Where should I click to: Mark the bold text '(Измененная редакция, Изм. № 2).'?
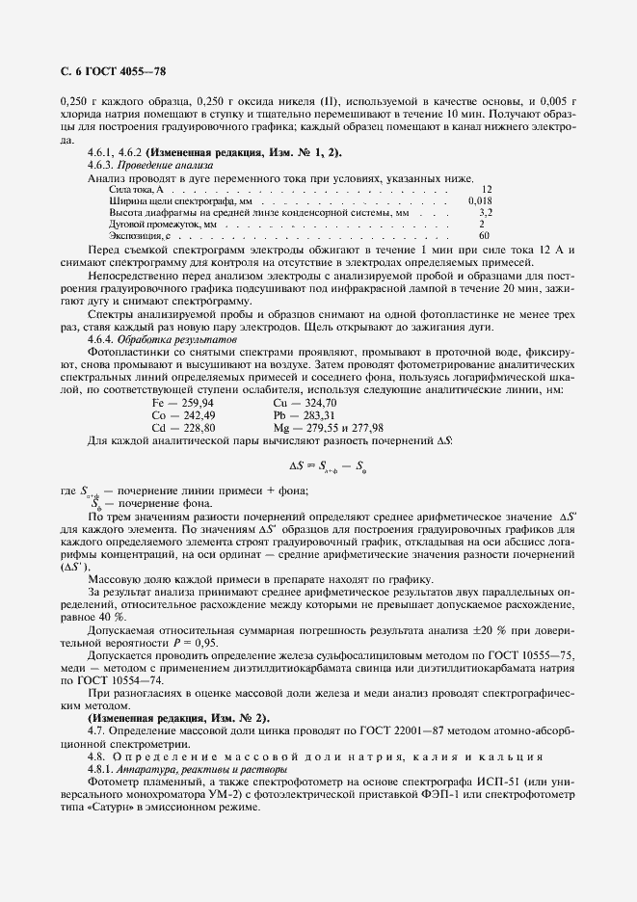point(179,719)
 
